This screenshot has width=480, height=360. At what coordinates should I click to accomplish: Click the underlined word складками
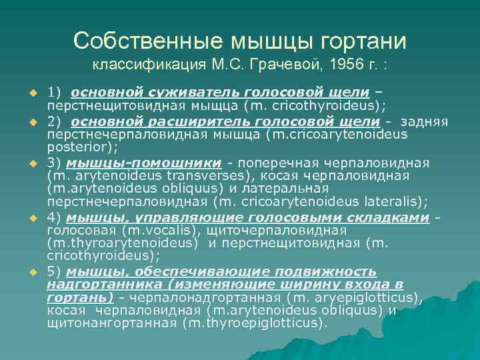tap(386, 217)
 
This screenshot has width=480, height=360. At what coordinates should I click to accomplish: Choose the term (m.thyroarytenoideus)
tap(123, 243)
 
